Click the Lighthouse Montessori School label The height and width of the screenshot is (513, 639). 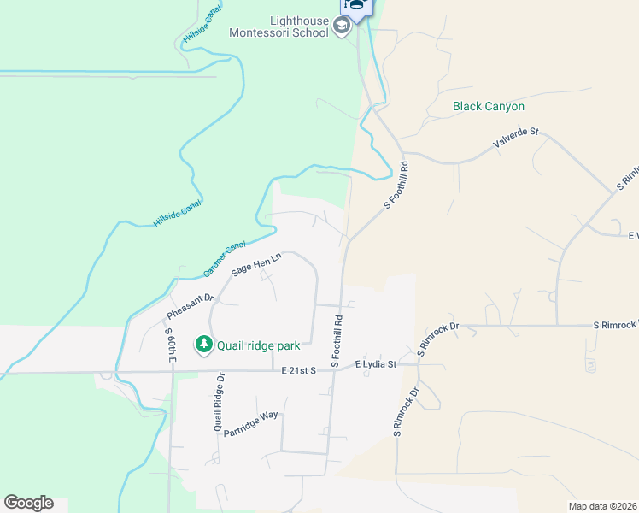coord(278,27)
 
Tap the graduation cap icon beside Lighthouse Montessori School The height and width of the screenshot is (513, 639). coord(342,27)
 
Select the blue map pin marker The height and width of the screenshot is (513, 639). coord(357,7)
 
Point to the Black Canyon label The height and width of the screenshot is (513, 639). coord(489,107)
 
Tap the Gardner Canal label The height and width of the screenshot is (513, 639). coord(225,259)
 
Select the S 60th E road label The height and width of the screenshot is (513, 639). coord(170,345)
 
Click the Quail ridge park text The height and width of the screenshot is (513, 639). coord(258,345)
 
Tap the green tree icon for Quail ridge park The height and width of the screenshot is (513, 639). coord(203,345)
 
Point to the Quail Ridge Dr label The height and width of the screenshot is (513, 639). coord(219,401)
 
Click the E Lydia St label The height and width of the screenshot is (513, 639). coord(376,364)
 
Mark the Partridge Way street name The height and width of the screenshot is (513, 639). coord(251,424)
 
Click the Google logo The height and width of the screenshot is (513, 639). coord(28,503)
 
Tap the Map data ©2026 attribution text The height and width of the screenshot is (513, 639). coord(602,506)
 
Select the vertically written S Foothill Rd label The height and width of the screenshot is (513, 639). coord(338,338)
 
